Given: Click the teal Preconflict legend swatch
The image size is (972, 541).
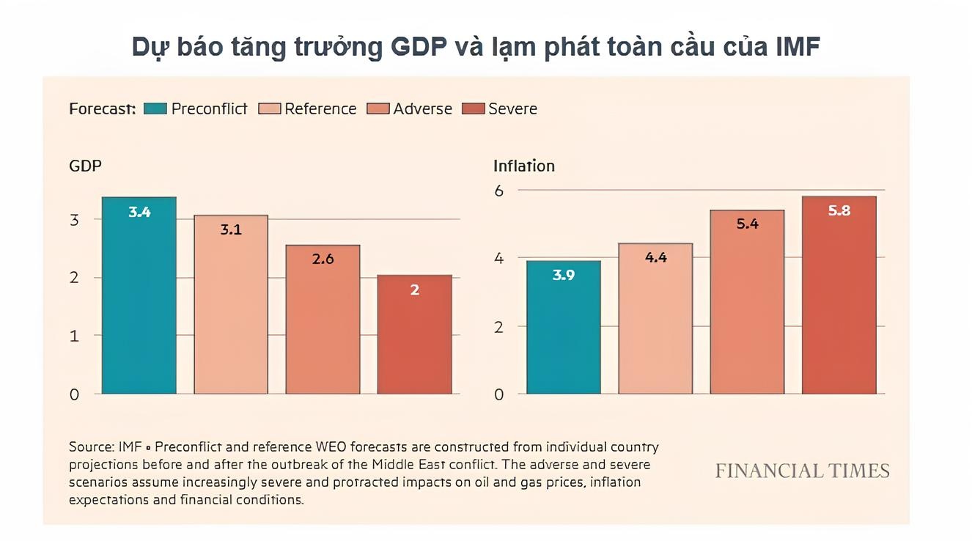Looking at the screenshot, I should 155,109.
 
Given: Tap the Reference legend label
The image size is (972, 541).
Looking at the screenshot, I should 320,109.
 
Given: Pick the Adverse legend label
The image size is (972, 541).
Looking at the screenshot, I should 422,109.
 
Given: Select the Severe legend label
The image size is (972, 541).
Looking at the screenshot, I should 512,109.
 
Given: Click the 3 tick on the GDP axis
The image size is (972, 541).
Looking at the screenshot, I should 74,219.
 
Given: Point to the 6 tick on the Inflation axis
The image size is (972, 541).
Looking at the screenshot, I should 499,190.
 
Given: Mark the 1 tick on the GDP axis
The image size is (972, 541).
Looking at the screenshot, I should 74,336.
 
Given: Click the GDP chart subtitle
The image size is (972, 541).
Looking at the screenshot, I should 85,166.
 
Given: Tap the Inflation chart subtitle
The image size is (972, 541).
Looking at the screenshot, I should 523,166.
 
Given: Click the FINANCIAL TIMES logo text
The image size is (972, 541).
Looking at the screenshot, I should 802,471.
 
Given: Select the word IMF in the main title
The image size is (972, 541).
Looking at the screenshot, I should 798,47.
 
